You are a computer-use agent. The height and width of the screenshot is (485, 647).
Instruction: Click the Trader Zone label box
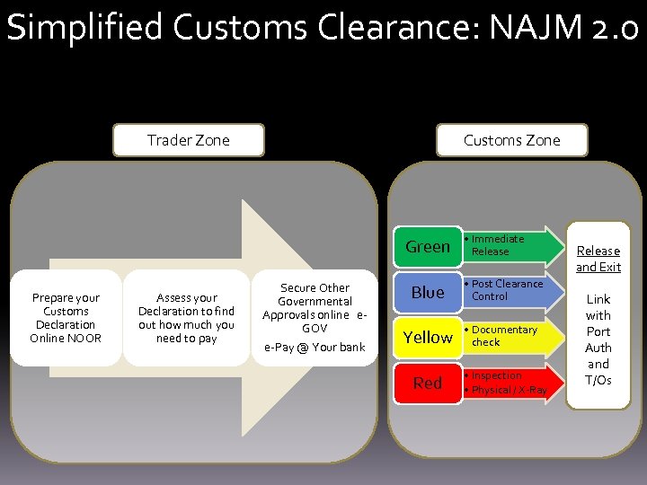click(188, 140)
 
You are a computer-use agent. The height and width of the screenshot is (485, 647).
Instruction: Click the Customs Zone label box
click(511, 140)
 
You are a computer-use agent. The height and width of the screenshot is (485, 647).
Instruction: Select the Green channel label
click(427, 247)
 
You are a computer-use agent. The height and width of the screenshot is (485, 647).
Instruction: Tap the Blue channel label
click(427, 292)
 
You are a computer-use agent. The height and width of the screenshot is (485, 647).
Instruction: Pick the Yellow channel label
click(427, 337)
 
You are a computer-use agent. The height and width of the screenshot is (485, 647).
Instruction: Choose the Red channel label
click(427, 383)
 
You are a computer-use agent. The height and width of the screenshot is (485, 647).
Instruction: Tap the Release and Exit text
click(598, 259)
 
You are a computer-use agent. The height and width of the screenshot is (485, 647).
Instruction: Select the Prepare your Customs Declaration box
click(66, 318)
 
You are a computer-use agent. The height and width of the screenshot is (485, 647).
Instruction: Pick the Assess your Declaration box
click(186, 318)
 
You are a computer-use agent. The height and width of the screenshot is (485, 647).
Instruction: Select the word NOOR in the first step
click(84, 339)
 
